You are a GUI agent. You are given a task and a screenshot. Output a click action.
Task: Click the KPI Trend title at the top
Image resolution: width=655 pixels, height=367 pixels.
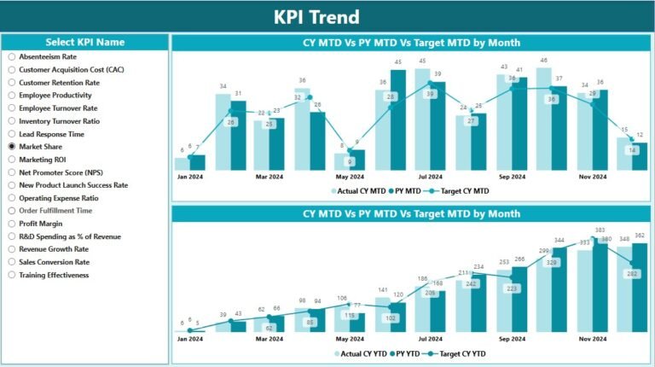click(327, 16)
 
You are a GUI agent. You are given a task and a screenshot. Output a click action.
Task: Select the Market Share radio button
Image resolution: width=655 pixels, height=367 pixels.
click(12, 147)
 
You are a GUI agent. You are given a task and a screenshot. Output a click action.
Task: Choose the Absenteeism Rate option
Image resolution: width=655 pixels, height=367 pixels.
click(12, 55)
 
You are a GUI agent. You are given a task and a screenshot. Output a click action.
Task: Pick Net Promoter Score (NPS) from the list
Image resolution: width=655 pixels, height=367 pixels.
click(12, 172)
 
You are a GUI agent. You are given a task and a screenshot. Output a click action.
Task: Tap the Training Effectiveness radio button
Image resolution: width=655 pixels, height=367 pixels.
click(12, 275)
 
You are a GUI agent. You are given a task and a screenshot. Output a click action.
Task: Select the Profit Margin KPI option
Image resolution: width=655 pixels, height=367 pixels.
click(12, 224)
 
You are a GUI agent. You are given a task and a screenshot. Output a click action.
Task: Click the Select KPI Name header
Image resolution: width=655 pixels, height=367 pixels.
click(84, 42)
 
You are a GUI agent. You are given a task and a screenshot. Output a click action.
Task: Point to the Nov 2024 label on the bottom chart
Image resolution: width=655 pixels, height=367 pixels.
click(592, 338)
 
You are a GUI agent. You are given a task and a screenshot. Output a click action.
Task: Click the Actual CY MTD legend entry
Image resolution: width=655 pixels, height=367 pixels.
click(362, 191)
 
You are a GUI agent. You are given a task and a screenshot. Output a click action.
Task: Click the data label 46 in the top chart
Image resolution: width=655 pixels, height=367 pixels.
click(543, 61)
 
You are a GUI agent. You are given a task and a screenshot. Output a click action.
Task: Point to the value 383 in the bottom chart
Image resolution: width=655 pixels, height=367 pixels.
click(600, 230)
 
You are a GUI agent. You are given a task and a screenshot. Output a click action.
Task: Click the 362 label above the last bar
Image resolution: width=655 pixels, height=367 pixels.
click(641, 236)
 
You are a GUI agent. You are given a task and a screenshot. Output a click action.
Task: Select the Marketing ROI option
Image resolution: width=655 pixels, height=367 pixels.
click(12, 160)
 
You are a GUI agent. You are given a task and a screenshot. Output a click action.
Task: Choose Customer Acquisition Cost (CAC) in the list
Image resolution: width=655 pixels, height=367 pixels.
click(12, 69)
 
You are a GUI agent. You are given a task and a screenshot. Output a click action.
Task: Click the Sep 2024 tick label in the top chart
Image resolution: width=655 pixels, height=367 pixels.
click(512, 177)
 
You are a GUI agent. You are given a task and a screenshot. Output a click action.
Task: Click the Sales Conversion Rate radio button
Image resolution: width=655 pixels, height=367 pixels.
click(12, 262)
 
